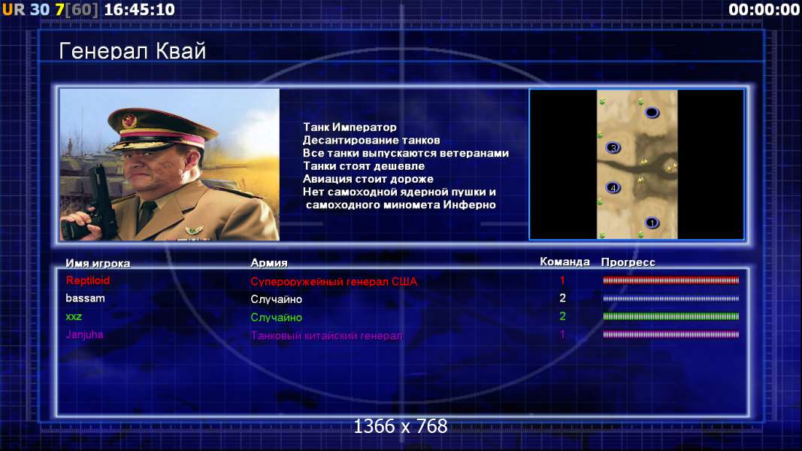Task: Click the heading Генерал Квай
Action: pos(132,51)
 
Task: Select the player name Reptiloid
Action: pos(87,280)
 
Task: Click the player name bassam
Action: pos(85,298)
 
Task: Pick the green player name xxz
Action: pos(74,316)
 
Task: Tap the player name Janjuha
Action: pos(84,334)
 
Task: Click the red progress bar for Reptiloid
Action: pos(671,280)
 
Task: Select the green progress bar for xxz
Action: pos(671,316)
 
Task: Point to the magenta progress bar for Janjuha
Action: pos(671,334)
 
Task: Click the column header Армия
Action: pos(269,263)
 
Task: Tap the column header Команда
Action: pos(564,262)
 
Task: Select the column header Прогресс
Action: pos(628,262)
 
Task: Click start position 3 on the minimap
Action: pos(613,148)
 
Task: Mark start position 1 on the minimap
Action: pos(652,222)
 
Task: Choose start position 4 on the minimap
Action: pos(613,188)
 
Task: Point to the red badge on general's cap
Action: pos(129,121)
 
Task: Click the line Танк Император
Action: pos(350,127)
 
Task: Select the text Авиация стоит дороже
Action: pos(368,179)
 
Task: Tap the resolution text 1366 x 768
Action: pos(401,426)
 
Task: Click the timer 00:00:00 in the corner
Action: pos(764,9)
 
